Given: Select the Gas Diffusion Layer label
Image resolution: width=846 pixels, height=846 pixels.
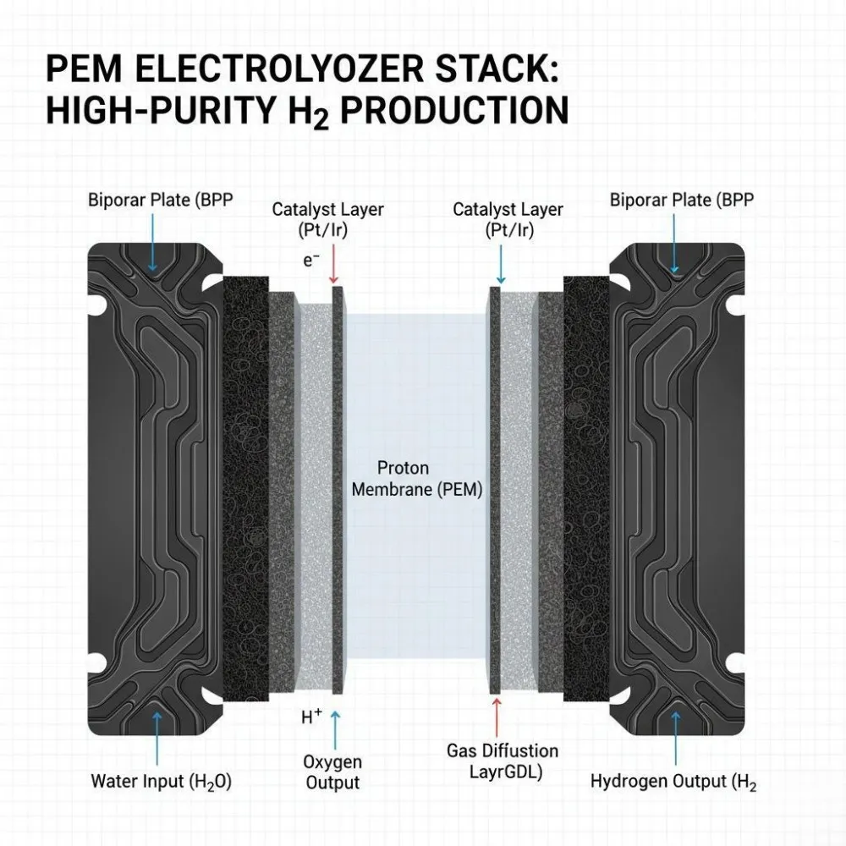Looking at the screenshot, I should click(x=503, y=761).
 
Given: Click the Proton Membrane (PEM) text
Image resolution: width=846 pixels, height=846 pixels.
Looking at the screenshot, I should click(x=416, y=479).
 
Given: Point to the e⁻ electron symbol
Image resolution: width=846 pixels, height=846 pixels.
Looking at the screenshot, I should click(x=311, y=261).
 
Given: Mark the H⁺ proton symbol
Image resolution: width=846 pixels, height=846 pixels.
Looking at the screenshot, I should click(x=311, y=717).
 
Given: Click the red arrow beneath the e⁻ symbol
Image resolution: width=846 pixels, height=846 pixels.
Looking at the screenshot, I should click(x=334, y=265).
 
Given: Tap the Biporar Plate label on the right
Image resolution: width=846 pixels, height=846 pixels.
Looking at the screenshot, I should click(x=681, y=201).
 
